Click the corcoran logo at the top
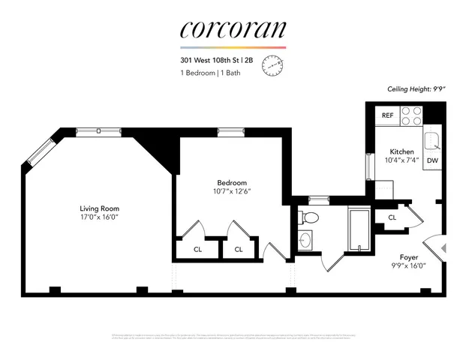pos(233,29)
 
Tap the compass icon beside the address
pos(274,66)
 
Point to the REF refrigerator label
pos(388,115)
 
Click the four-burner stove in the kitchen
pos(412,115)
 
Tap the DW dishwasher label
pos(432,160)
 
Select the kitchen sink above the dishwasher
pos(432,139)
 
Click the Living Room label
pos(100,208)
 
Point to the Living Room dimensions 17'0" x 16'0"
pos(100,217)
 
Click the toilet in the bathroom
pos(309,217)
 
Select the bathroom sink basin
pos(305,241)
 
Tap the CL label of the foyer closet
pos(392,217)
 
